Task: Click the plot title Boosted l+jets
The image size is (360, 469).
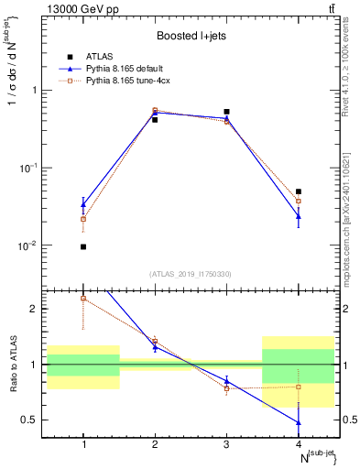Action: click(x=190, y=37)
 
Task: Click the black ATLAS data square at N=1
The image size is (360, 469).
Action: click(x=83, y=246)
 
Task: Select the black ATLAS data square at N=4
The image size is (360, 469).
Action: click(x=299, y=191)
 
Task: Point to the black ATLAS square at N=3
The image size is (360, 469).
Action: click(x=226, y=112)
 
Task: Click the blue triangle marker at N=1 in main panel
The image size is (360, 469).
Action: click(x=83, y=204)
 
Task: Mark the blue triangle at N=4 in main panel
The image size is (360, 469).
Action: click(x=299, y=216)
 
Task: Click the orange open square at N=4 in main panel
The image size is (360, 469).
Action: click(x=299, y=201)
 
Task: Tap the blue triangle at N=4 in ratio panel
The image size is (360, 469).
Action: click(x=299, y=422)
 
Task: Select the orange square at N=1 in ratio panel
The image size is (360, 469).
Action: click(x=83, y=298)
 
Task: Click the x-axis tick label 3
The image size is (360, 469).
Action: click(x=226, y=444)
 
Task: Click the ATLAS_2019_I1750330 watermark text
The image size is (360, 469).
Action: click(x=190, y=274)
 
